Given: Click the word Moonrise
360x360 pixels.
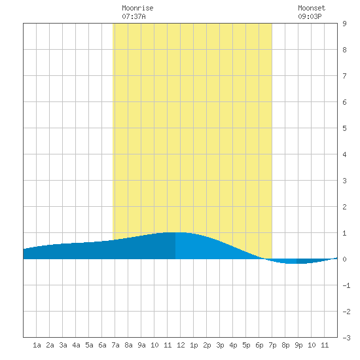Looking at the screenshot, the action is (137, 8).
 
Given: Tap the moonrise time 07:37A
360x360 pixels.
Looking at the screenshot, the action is (134, 16).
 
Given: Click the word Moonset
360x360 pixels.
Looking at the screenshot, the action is (312, 8).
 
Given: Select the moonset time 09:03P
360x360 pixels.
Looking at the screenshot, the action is (310, 16).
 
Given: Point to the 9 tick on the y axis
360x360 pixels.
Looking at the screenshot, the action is (344, 24).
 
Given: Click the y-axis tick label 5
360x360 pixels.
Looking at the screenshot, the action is (344, 128).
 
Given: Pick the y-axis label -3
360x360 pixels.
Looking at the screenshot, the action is (346, 338).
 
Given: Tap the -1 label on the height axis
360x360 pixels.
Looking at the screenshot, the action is (346, 285).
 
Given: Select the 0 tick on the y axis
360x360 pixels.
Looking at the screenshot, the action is (344, 259).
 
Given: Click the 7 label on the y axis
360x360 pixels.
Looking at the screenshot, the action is (344, 76).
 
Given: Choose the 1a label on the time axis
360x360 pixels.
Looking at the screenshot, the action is (37, 345).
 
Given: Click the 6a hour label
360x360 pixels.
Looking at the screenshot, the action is (102, 345).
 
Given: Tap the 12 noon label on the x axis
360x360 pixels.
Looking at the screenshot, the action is (181, 345).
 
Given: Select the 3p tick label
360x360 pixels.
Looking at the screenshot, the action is (220, 345).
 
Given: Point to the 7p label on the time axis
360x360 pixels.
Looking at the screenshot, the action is (272, 345).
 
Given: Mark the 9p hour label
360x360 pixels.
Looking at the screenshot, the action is (298, 345).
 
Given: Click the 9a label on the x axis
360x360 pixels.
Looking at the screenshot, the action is (141, 345).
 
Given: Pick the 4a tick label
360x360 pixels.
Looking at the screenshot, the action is (76, 345).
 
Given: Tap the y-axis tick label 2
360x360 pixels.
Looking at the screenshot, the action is (344, 207).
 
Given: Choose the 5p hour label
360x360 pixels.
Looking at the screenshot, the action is (246, 345).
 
